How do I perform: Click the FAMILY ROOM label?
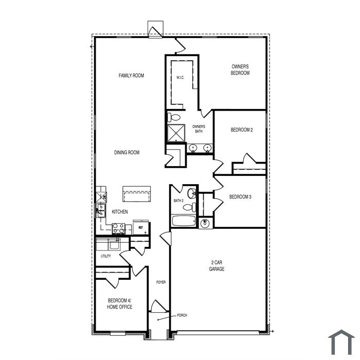pyautogui.click(x=131, y=76)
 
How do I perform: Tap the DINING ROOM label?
pyautogui.click(x=127, y=152)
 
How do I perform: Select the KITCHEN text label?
pyautogui.click(x=120, y=212)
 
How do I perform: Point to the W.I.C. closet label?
pyautogui.click(x=180, y=78)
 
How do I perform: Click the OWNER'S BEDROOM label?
pyautogui.click(x=240, y=69)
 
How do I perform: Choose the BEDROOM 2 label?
pyautogui.click(x=242, y=130)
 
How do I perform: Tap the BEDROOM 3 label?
pyautogui.click(x=240, y=197)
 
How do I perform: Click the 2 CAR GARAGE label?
pyautogui.click(x=217, y=266)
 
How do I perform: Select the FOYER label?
pyautogui.click(x=160, y=282)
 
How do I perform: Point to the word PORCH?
pyautogui.click(x=182, y=315)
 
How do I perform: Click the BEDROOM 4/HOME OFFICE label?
pyautogui.click(x=120, y=304)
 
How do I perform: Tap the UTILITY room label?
pyautogui.click(x=105, y=256)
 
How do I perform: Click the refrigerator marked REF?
pyautogui.click(x=141, y=227)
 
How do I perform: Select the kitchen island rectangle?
pyautogui.click(x=137, y=194)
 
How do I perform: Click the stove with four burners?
pyautogui.click(x=118, y=229)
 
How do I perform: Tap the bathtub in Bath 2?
pyautogui.click(x=184, y=221)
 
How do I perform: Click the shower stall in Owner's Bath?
pyautogui.click(x=176, y=133)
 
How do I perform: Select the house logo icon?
pyautogui.click(x=341, y=342)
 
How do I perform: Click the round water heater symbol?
pyautogui.click(x=205, y=223)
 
